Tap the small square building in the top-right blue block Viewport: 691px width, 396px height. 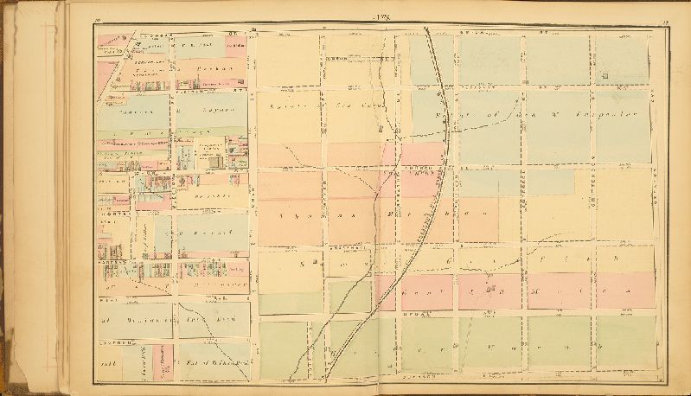[607, 76]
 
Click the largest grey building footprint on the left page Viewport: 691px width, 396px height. [208, 156]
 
